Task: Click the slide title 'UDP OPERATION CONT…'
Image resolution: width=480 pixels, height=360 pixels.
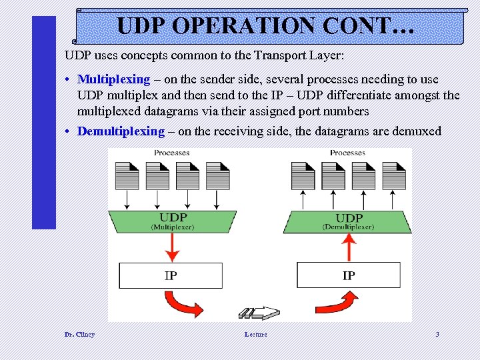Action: (266, 26)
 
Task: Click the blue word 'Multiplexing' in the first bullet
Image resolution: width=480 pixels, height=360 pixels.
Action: (113, 79)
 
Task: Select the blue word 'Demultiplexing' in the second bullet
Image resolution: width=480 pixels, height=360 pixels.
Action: (121, 131)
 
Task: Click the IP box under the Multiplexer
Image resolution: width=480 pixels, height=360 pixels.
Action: (171, 275)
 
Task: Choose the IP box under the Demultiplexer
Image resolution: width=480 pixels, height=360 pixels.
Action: (348, 275)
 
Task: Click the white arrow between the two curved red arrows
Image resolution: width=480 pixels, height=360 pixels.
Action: (260, 313)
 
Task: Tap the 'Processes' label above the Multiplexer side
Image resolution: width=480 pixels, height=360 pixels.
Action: (172, 153)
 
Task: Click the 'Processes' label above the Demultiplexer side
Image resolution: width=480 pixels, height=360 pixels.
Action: (348, 153)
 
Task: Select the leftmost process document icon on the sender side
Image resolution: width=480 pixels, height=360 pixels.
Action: (127, 176)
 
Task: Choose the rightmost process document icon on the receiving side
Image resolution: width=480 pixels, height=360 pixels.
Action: (395, 176)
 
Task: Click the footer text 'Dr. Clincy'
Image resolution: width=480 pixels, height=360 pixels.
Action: (79, 334)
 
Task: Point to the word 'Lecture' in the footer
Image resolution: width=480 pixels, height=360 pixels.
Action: (255, 334)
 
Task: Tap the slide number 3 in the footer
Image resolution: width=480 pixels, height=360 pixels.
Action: (437, 334)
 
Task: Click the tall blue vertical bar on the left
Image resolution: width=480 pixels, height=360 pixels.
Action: (44, 123)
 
